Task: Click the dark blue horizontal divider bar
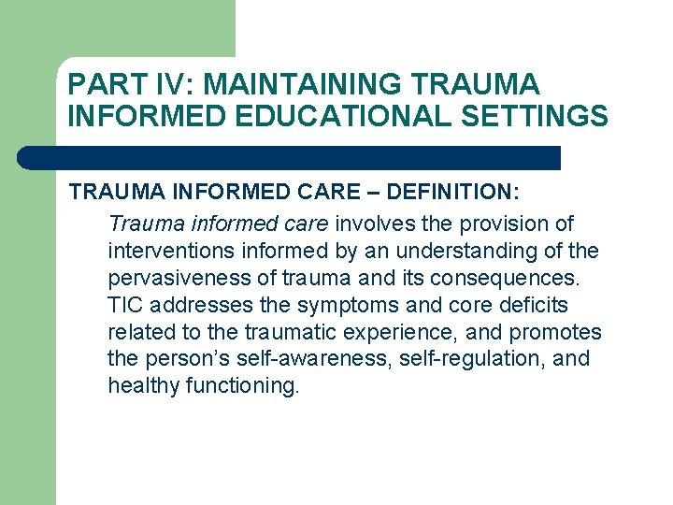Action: [x=290, y=158]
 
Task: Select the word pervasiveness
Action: [x=168, y=279]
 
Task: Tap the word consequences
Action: [x=519, y=279]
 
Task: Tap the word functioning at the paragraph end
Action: [x=237, y=386]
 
